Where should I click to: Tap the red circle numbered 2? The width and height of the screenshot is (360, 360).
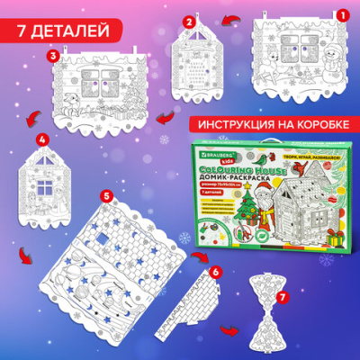coord(189,21)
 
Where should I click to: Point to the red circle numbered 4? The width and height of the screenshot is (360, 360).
coord(40,140)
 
